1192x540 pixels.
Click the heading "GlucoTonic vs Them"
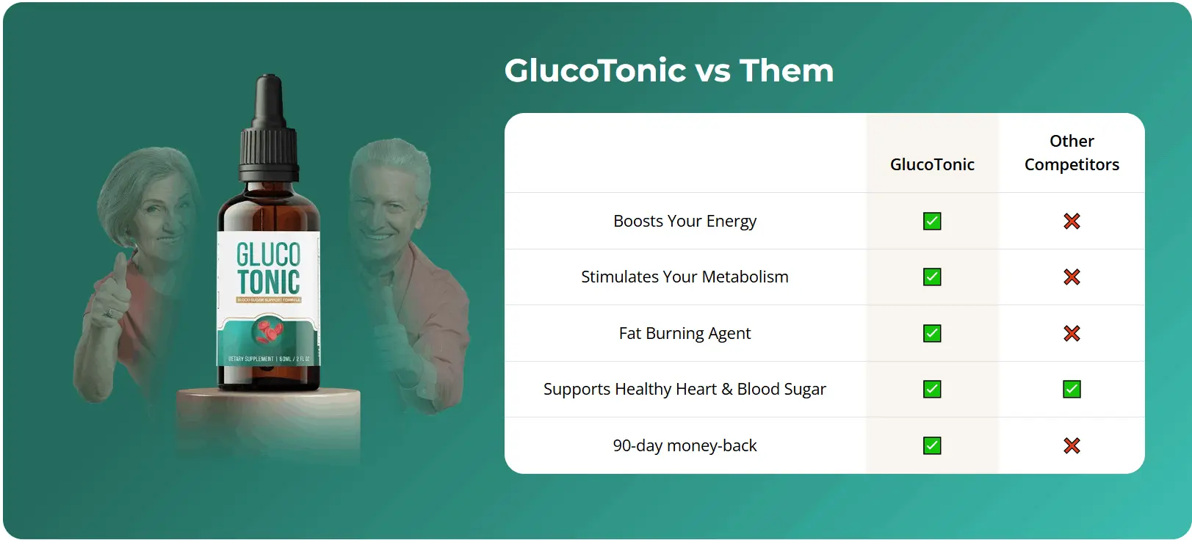(669, 70)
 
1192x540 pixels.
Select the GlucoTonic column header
(932, 164)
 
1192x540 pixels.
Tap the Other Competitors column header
(1072, 153)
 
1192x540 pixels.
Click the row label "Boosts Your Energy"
(685, 221)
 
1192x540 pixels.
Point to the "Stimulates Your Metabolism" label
(685, 277)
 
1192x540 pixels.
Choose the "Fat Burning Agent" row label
(685, 333)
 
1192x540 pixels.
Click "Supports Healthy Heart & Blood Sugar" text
(685, 389)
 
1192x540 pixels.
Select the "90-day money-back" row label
(685, 445)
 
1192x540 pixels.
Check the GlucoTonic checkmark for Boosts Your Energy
(932, 221)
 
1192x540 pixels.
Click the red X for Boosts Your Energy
(1072, 221)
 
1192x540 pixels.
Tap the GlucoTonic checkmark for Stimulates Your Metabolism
(932, 277)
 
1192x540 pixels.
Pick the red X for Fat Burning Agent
(1072, 333)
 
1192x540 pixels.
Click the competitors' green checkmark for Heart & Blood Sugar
(1072, 389)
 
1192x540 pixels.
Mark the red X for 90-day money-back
(1072, 445)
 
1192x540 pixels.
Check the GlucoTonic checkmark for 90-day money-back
(932, 445)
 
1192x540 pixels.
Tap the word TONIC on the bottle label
(268, 282)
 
